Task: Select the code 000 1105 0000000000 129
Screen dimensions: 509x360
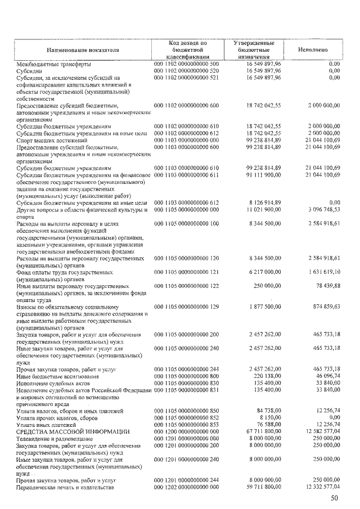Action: (186, 307)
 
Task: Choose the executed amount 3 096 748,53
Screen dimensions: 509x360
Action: (316, 209)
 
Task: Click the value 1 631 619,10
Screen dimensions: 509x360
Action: (316, 271)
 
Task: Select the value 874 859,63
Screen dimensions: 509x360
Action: (319, 307)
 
